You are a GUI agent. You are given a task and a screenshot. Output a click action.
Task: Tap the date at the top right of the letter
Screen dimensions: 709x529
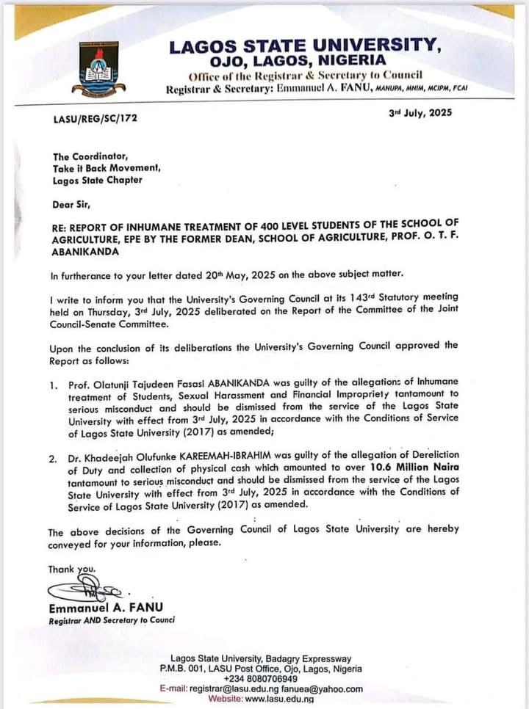pos(420,113)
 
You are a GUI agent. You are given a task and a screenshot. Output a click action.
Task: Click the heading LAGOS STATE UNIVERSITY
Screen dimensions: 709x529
pos(305,46)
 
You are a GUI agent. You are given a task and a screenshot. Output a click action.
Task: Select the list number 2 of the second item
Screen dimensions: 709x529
pos(53,458)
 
